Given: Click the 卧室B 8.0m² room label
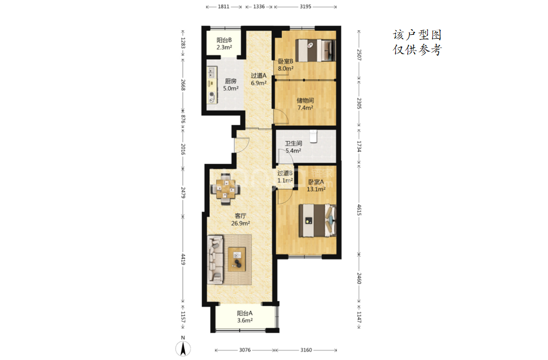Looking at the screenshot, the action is (286, 65).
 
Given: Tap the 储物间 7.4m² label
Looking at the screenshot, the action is (305, 104).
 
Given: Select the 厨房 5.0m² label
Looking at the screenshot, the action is (231, 85).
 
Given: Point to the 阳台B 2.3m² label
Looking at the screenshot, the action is (224, 44).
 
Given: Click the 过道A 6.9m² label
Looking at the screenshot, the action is (259, 79).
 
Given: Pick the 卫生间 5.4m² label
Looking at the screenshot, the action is (293, 147).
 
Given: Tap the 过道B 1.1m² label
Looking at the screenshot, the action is (285, 177).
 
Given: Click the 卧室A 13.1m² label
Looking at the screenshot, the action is (316, 185).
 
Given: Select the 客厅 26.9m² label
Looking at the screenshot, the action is (240, 220).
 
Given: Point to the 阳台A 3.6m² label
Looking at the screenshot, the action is (245, 317).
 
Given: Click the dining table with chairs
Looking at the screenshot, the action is (225, 189).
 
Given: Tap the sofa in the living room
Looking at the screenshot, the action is (215, 259).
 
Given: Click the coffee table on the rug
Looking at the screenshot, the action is (237, 259).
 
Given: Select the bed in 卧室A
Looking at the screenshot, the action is (317, 221).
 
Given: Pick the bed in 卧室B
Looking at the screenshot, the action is (316, 51).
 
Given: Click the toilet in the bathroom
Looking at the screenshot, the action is (313, 136).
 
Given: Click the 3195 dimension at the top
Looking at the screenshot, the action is (305, 6).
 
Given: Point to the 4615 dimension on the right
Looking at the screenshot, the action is (359, 209).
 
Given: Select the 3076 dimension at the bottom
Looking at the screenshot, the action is (245, 350).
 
